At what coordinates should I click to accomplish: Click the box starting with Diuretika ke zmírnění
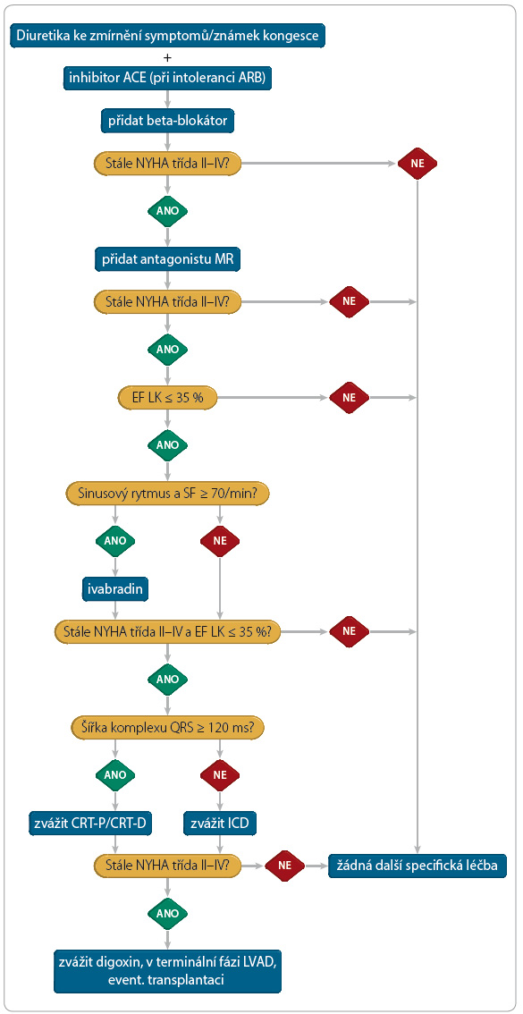(x=167, y=36)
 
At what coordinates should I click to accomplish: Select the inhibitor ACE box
(x=167, y=78)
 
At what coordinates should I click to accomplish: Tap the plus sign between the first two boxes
(x=167, y=57)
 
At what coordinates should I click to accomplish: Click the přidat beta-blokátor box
(x=167, y=121)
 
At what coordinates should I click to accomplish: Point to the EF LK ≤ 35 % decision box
(x=167, y=396)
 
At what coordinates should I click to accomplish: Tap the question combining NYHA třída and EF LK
(x=167, y=630)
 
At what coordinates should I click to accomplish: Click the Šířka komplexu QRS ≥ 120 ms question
(x=167, y=727)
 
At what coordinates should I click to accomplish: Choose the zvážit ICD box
(x=220, y=824)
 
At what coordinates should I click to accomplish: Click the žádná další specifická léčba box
(x=418, y=865)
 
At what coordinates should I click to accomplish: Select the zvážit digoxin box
(x=167, y=970)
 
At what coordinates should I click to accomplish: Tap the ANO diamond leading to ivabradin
(x=115, y=541)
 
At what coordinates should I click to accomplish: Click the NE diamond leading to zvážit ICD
(x=220, y=774)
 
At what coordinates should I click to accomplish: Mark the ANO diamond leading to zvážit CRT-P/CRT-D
(x=115, y=774)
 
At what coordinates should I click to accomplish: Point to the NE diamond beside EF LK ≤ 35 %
(x=350, y=397)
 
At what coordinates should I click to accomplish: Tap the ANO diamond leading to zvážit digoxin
(x=167, y=912)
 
